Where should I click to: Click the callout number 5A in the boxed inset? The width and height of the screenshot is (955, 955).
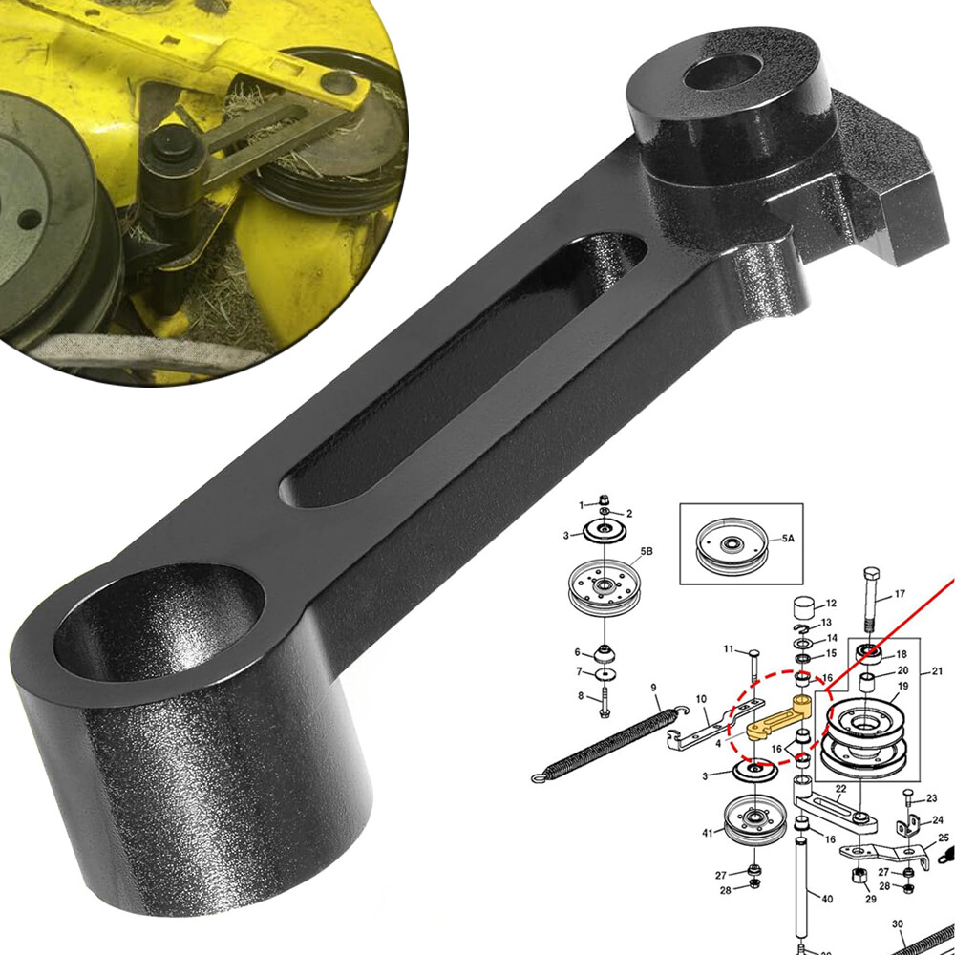(x=787, y=540)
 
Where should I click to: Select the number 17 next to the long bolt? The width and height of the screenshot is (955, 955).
(x=899, y=594)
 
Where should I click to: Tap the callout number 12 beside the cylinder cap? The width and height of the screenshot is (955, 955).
(x=829, y=604)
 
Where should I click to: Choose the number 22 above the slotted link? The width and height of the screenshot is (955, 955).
(x=840, y=788)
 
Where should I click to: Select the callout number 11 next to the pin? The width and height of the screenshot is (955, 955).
(x=729, y=649)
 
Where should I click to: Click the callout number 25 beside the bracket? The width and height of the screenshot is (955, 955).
(x=944, y=838)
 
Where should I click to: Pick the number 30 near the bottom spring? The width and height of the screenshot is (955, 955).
(x=898, y=924)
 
